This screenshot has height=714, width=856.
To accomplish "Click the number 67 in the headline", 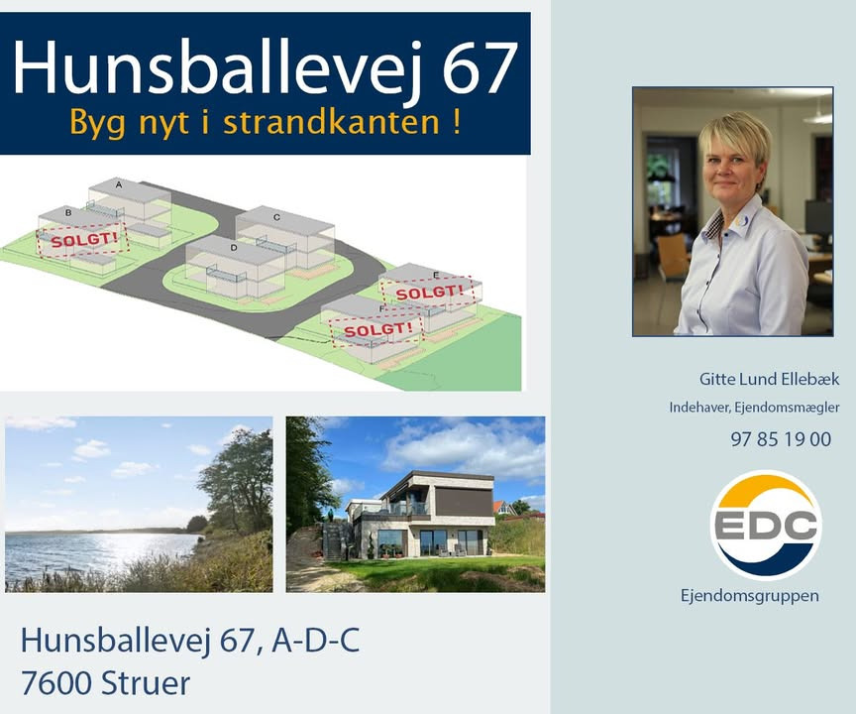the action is (479, 67).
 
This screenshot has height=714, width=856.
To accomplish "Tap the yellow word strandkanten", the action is (331, 122).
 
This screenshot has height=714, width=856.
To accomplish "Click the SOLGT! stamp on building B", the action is (82, 240).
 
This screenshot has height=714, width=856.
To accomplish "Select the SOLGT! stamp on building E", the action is (429, 293).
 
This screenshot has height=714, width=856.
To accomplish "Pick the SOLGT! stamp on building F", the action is (377, 329).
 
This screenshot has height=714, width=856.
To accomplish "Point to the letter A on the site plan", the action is (119, 185).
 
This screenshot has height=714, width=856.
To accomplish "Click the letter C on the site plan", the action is (276, 217).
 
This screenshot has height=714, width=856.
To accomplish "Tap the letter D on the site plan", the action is (234, 248).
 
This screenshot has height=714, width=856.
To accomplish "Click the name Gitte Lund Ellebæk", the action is (769, 379).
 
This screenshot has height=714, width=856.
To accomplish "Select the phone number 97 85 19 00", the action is (781, 439).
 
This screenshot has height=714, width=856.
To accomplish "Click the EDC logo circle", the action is (767, 526).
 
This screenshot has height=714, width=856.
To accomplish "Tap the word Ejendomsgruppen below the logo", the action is (750, 595).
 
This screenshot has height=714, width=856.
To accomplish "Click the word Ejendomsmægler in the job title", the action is (787, 408).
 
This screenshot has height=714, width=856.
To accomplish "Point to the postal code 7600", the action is (56, 683).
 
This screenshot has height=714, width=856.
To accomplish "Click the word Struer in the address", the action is (147, 683).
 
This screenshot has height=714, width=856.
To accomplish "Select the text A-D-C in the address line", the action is (315, 641).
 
